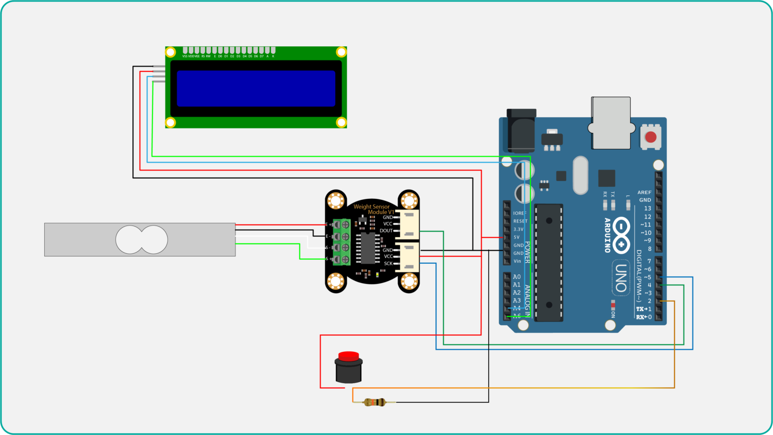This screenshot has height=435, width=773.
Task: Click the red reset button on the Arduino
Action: pos(651,137)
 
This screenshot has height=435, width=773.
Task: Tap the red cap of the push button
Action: pos(348,356)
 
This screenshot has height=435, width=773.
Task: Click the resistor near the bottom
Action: pos(374,402)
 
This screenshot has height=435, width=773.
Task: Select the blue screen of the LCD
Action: pos(256,89)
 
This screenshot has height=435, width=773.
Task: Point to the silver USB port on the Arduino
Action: pos(611,123)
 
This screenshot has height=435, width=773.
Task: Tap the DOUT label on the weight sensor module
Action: pos(386,231)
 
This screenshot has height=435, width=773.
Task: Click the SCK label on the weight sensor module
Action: pos(388,263)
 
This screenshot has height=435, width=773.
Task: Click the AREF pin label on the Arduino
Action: pos(644,192)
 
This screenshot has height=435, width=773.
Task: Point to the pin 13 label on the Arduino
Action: pos(647,208)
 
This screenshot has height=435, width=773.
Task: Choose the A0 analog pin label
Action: pos(517,277)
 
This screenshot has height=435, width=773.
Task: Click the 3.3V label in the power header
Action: pos(518,229)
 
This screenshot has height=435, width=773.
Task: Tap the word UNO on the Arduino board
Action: pos(621,277)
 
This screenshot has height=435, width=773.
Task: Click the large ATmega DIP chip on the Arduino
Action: pos(549,262)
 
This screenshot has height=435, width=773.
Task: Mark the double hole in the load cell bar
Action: pos(141,240)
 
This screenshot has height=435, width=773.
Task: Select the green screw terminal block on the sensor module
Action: pos(341,242)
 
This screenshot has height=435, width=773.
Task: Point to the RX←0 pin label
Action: pos(644,317)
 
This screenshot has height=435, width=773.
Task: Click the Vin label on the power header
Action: pos(517,261)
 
